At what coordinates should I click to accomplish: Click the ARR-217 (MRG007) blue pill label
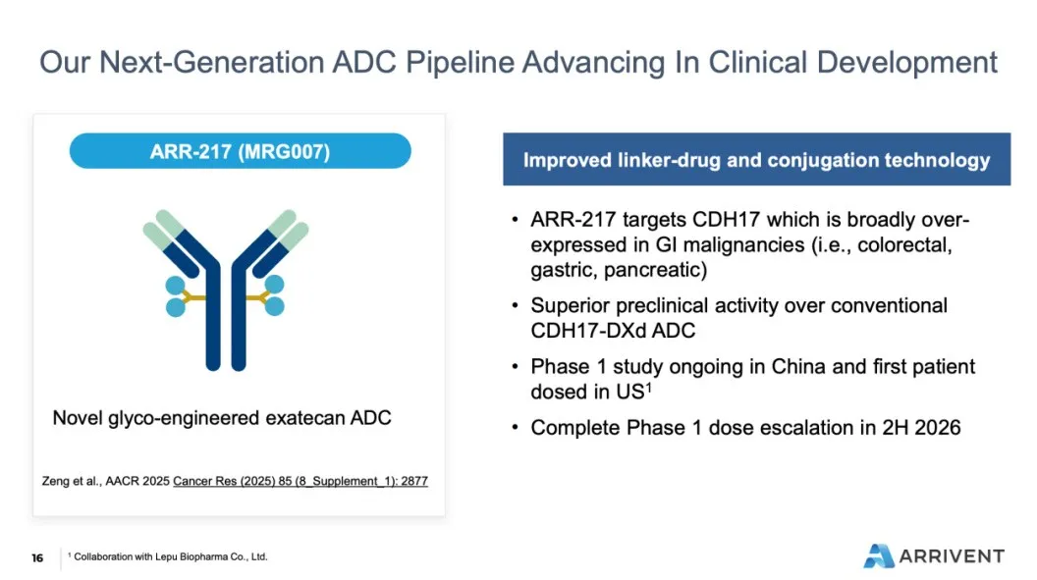pyautogui.click(x=240, y=150)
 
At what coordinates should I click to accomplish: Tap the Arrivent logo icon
pyautogui.click(x=879, y=555)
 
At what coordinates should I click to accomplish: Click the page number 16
pyautogui.click(x=37, y=558)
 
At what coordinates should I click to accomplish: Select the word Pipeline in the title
pyautogui.click(x=460, y=63)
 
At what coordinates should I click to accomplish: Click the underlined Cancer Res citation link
pyautogui.click(x=300, y=481)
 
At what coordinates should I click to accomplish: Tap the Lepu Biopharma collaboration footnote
pyautogui.click(x=168, y=556)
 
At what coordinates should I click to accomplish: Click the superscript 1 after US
pyautogui.click(x=649, y=387)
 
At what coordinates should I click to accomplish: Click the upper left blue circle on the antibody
pyautogui.click(x=175, y=286)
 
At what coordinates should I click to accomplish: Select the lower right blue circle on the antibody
pyautogui.click(x=274, y=306)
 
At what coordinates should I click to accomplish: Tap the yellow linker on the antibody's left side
pyautogui.click(x=193, y=297)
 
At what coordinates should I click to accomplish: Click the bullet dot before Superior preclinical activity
pyautogui.click(x=516, y=306)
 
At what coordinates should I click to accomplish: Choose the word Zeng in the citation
pyautogui.click(x=55, y=481)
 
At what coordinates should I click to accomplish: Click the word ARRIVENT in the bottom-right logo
pyautogui.click(x=952, y=556)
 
